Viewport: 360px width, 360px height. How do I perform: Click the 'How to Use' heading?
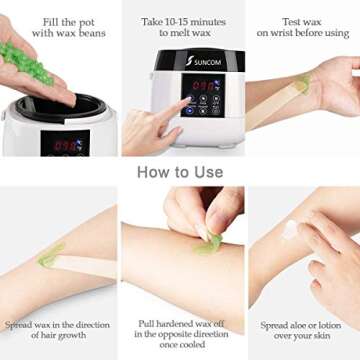(180, 171)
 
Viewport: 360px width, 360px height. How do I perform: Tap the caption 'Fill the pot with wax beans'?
(61, 26)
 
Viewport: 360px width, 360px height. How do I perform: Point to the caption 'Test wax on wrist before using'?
(302, 26)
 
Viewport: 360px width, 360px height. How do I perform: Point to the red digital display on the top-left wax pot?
(65, 143)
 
